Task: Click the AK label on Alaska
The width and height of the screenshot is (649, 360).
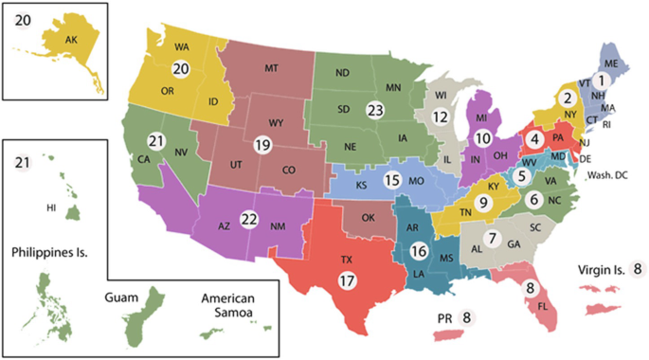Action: (x=71, y=41)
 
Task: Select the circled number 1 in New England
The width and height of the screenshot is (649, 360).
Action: (x=599, y=81)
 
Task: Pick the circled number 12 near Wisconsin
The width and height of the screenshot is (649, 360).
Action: (x=440, y=117)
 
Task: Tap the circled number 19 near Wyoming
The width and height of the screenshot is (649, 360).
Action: (x=262, y=145)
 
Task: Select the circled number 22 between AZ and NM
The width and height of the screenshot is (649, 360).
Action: (x=249, y=219)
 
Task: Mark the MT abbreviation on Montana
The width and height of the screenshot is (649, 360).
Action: (x=270, y=68)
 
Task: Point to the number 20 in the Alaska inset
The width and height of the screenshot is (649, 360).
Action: (x=23, y=19)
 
